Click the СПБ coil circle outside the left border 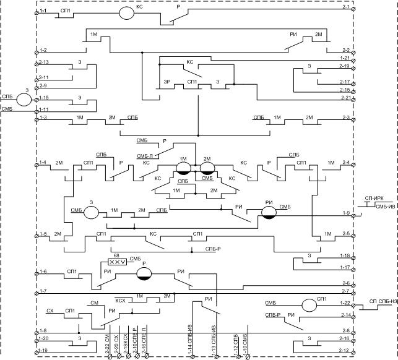click(24, 100)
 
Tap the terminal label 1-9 click(345, 213)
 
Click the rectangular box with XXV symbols click(118, 262)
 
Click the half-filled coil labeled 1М click(183, 169)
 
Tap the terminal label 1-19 click(42, 351)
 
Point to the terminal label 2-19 click(344, 66)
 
